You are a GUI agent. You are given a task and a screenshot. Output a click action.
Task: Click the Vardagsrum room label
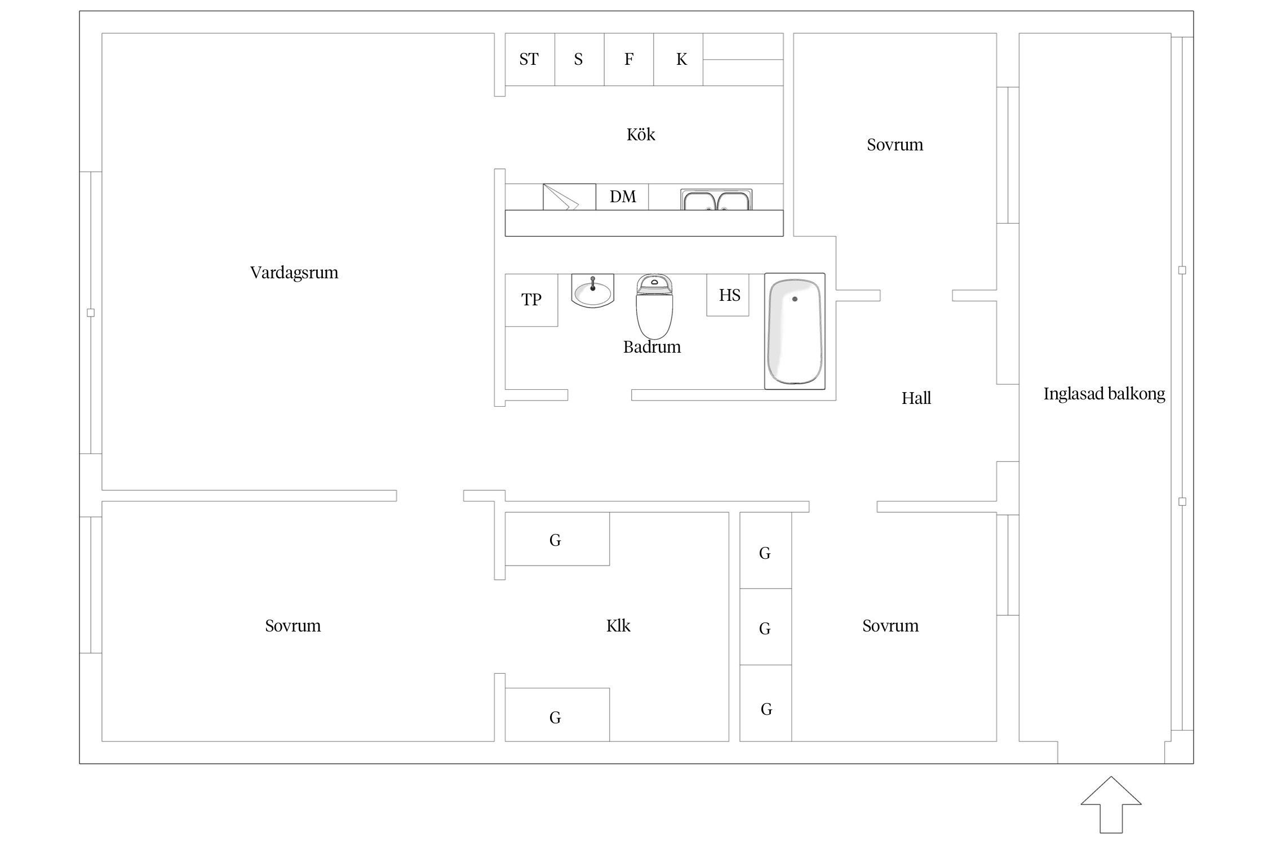[294, 273]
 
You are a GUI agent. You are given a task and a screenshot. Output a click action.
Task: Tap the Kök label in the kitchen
[641, 135]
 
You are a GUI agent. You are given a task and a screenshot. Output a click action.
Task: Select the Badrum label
[652, 347]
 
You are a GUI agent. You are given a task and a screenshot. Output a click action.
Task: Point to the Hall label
[916, 399]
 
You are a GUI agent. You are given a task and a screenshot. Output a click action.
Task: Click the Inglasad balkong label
[1104, 394]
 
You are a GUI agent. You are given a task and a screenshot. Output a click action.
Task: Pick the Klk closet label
[618, 626]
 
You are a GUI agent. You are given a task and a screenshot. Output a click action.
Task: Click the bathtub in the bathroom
[795, 332]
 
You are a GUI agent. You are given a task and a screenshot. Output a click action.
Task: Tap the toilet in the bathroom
[654, 307]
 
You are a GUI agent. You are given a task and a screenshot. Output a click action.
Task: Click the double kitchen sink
[716, 200]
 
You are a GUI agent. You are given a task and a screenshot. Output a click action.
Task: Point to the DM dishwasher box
[622, 197]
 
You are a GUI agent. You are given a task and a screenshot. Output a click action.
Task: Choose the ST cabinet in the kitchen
[529, 59]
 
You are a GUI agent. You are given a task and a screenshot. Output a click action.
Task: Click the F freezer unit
[629, 59]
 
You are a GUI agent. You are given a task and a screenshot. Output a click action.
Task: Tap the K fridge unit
[681, 59]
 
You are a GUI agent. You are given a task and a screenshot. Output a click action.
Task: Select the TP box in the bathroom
[531, 300]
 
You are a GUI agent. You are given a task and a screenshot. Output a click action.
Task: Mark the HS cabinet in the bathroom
[729, 295]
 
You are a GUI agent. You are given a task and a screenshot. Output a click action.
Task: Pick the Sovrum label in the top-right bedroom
[895, 145]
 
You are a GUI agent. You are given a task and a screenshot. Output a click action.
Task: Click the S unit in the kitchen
[579, 59]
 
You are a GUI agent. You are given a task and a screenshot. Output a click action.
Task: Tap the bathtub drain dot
[795, 299]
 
